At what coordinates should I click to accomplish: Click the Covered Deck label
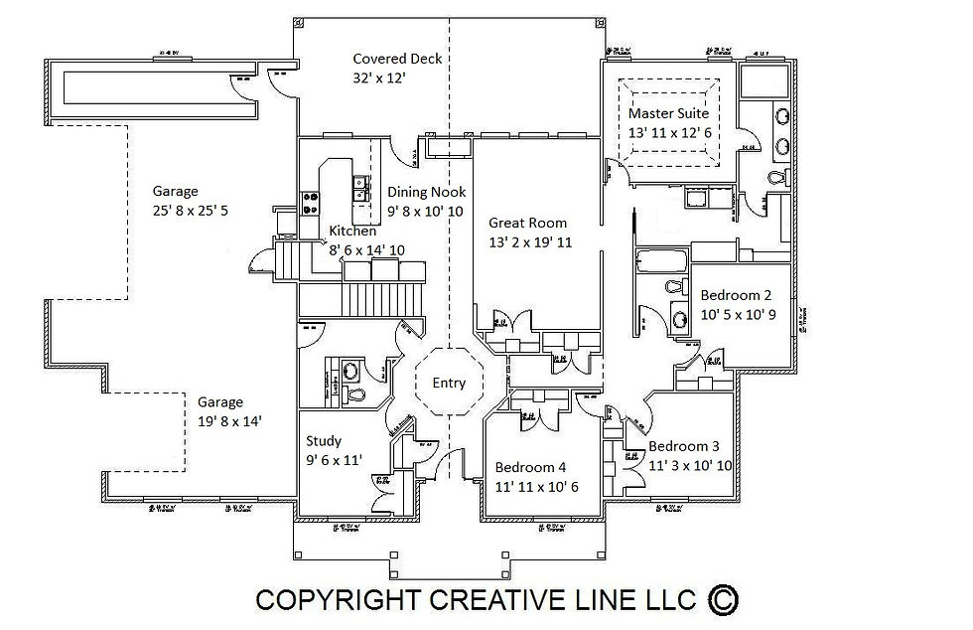point(397,59)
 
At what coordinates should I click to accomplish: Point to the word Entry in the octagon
point(449,383)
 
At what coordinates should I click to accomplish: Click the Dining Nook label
point(426,192)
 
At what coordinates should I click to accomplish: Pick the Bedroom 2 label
point(736,295)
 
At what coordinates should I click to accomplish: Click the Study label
point(325,441)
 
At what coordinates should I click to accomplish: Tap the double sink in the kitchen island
point(356,183)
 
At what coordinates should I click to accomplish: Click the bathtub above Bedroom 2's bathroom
point(661,263)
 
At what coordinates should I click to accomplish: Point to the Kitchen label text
point(352,232)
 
